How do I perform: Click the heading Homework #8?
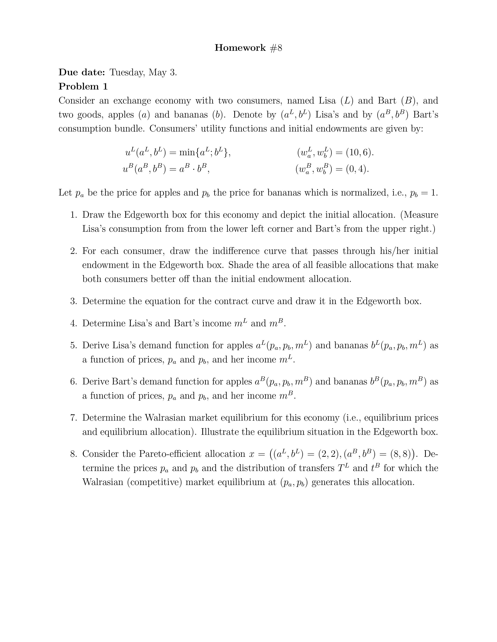point(248,48)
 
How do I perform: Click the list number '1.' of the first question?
point(74,215)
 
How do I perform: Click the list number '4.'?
point(74,323)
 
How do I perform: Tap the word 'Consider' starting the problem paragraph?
point(77,101)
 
